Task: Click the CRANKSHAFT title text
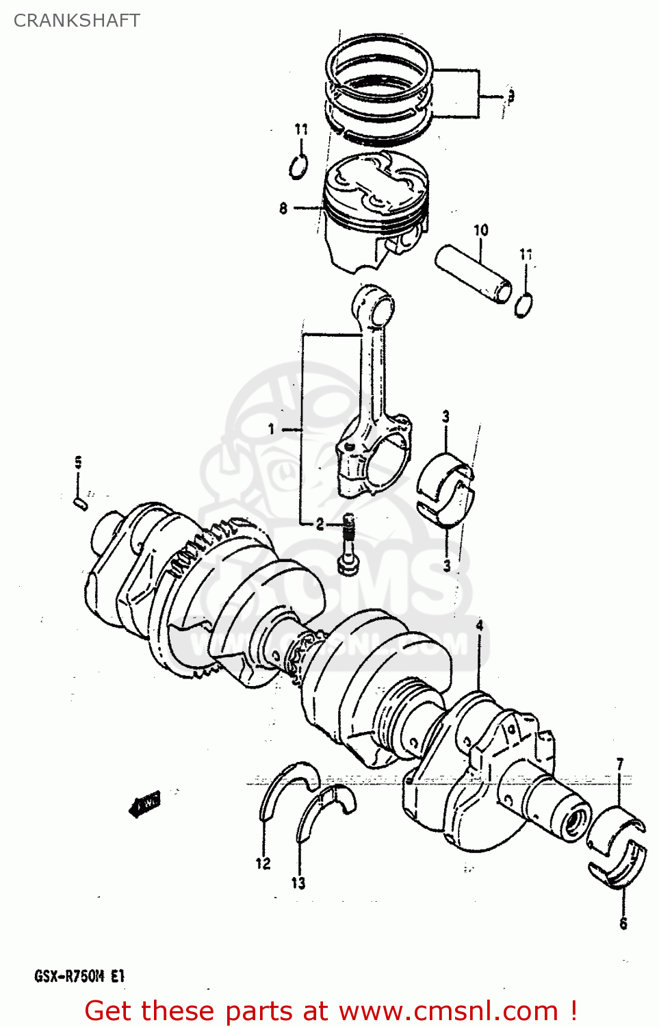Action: point(77,21)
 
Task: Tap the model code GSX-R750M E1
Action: point(79,976)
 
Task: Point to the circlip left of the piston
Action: point(298,166)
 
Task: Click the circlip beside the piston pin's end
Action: point(524,305)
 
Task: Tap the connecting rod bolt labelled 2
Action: point(348,544)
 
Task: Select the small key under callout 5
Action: point(80,503)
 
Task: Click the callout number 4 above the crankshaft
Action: point(480,625)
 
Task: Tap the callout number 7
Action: point(620,764)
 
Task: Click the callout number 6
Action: point(623,924)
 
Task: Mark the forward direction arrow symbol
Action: point(144,804)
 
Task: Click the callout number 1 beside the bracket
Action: point(272,429)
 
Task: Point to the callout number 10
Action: point(481,230)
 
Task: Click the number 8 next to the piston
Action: point(283,208)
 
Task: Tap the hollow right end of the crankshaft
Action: point(575,818)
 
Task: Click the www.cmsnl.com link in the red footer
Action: point(448,1011)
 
